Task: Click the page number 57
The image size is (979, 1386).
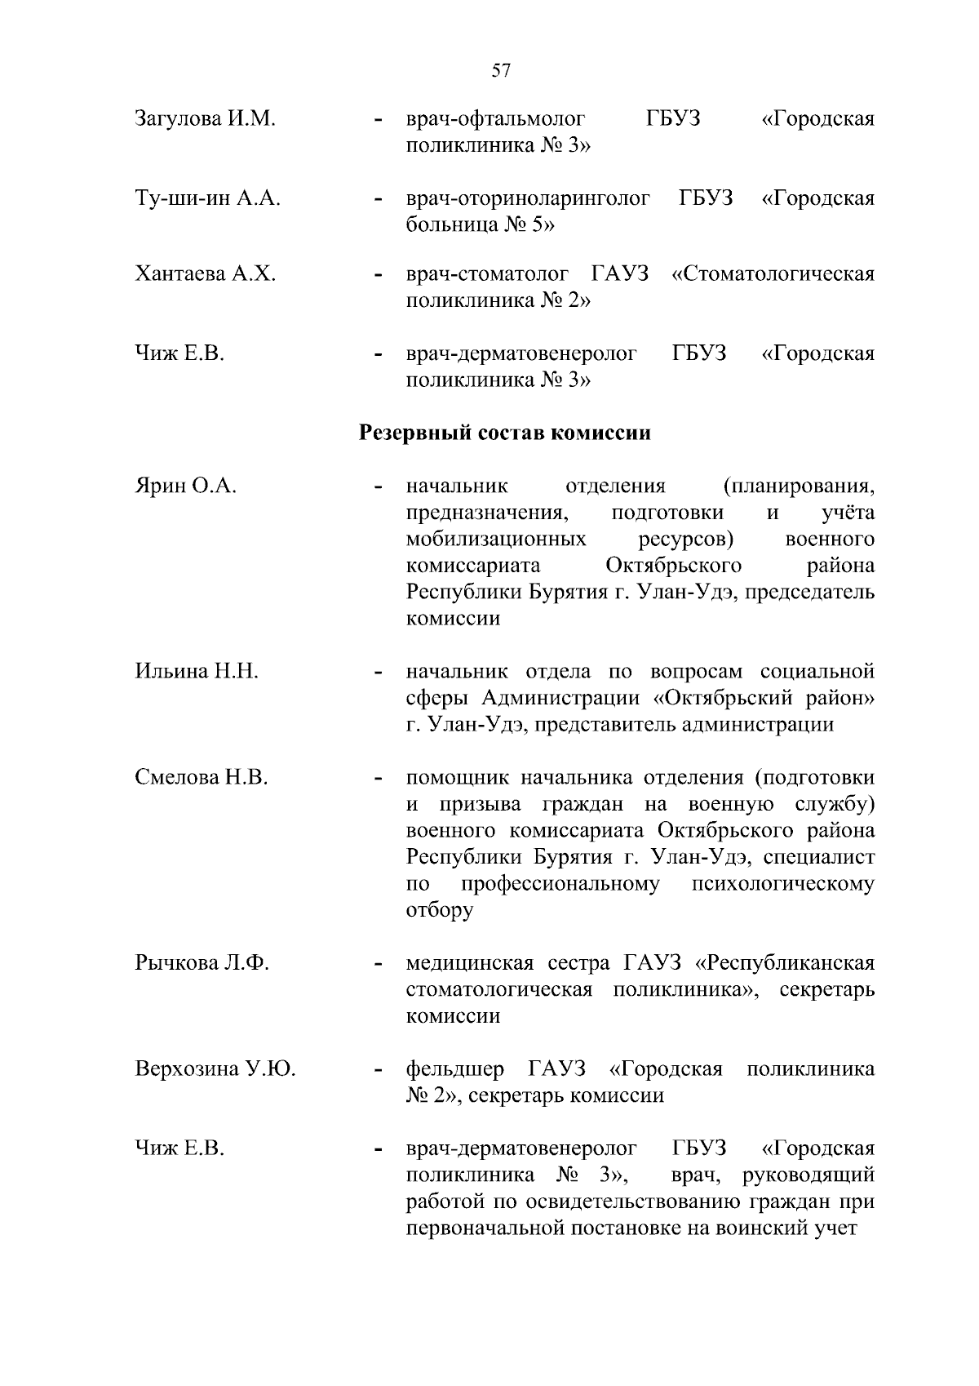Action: (501, 71)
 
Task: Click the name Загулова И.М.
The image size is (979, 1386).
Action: (205, 120)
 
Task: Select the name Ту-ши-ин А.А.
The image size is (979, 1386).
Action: (207, 198)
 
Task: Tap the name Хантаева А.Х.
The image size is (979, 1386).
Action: (205, 274)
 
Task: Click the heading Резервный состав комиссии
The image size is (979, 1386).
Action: (505, 433)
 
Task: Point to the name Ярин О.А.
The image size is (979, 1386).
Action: (185, 487)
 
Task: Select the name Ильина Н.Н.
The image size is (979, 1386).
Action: (197, 672)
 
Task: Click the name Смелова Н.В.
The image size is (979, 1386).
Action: (201, 778)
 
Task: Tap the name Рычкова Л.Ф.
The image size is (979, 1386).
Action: (202, 963)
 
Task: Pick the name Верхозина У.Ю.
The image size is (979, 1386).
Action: (215, 1069)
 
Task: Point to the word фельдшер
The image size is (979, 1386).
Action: (454, 1069)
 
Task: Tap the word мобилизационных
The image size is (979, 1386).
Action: (495, 540)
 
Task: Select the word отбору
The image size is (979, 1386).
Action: (439, 911)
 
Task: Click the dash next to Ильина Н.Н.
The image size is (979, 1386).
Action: (377, 674)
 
